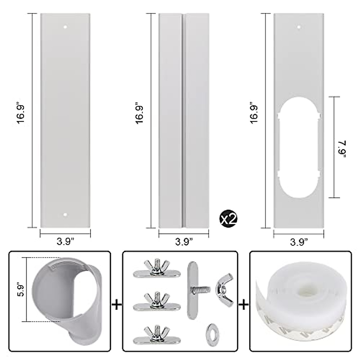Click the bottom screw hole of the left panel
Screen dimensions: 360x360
point(65,215)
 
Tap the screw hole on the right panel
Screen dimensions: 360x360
point(298,28)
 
